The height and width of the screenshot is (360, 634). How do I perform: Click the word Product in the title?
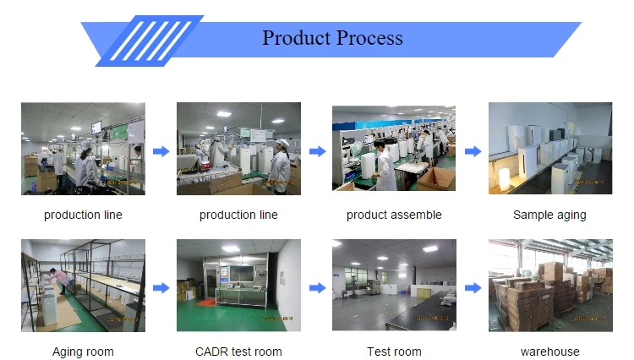point(297,38)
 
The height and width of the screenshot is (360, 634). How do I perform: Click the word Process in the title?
point(369,38)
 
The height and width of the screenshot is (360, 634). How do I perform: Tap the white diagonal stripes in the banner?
point(150,41)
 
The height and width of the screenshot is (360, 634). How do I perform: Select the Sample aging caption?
point(549,215)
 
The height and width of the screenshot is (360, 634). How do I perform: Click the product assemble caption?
point(394,215)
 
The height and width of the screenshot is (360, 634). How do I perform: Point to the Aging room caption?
point(83,352)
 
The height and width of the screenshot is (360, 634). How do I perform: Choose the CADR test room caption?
point(238,352)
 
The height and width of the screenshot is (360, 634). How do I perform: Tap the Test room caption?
point(394,352)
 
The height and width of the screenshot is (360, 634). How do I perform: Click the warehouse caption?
point(550,352)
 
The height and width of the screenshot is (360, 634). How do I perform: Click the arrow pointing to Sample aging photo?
point(473,151)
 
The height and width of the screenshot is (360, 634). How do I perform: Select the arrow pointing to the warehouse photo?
point(473,288)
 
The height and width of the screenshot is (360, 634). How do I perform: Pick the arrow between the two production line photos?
point(161,151)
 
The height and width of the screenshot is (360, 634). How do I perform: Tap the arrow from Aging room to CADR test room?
point(161,288)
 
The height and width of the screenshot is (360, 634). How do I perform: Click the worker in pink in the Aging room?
point(57,280)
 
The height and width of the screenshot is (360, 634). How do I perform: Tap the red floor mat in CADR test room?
point(209,303)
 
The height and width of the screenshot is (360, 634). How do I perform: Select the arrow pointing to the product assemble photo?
point(317,151)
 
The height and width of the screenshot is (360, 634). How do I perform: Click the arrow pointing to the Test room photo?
point(317,288)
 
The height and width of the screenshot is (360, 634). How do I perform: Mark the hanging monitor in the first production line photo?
point(96,128)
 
